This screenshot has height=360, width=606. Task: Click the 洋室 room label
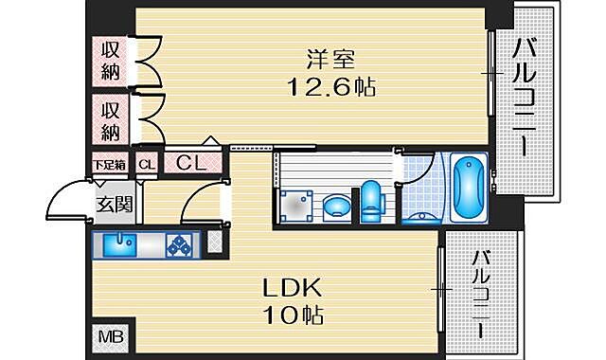click(330, 59)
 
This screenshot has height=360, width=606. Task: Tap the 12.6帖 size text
click(331, 87)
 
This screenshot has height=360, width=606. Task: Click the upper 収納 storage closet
click(111, 60)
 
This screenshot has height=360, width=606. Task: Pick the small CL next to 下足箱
click(145, 164)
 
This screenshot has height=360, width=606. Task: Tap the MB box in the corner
click(112, 336)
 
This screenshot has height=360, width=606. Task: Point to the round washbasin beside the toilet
click(335, 206)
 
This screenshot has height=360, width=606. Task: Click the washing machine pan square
click(294, 205)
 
